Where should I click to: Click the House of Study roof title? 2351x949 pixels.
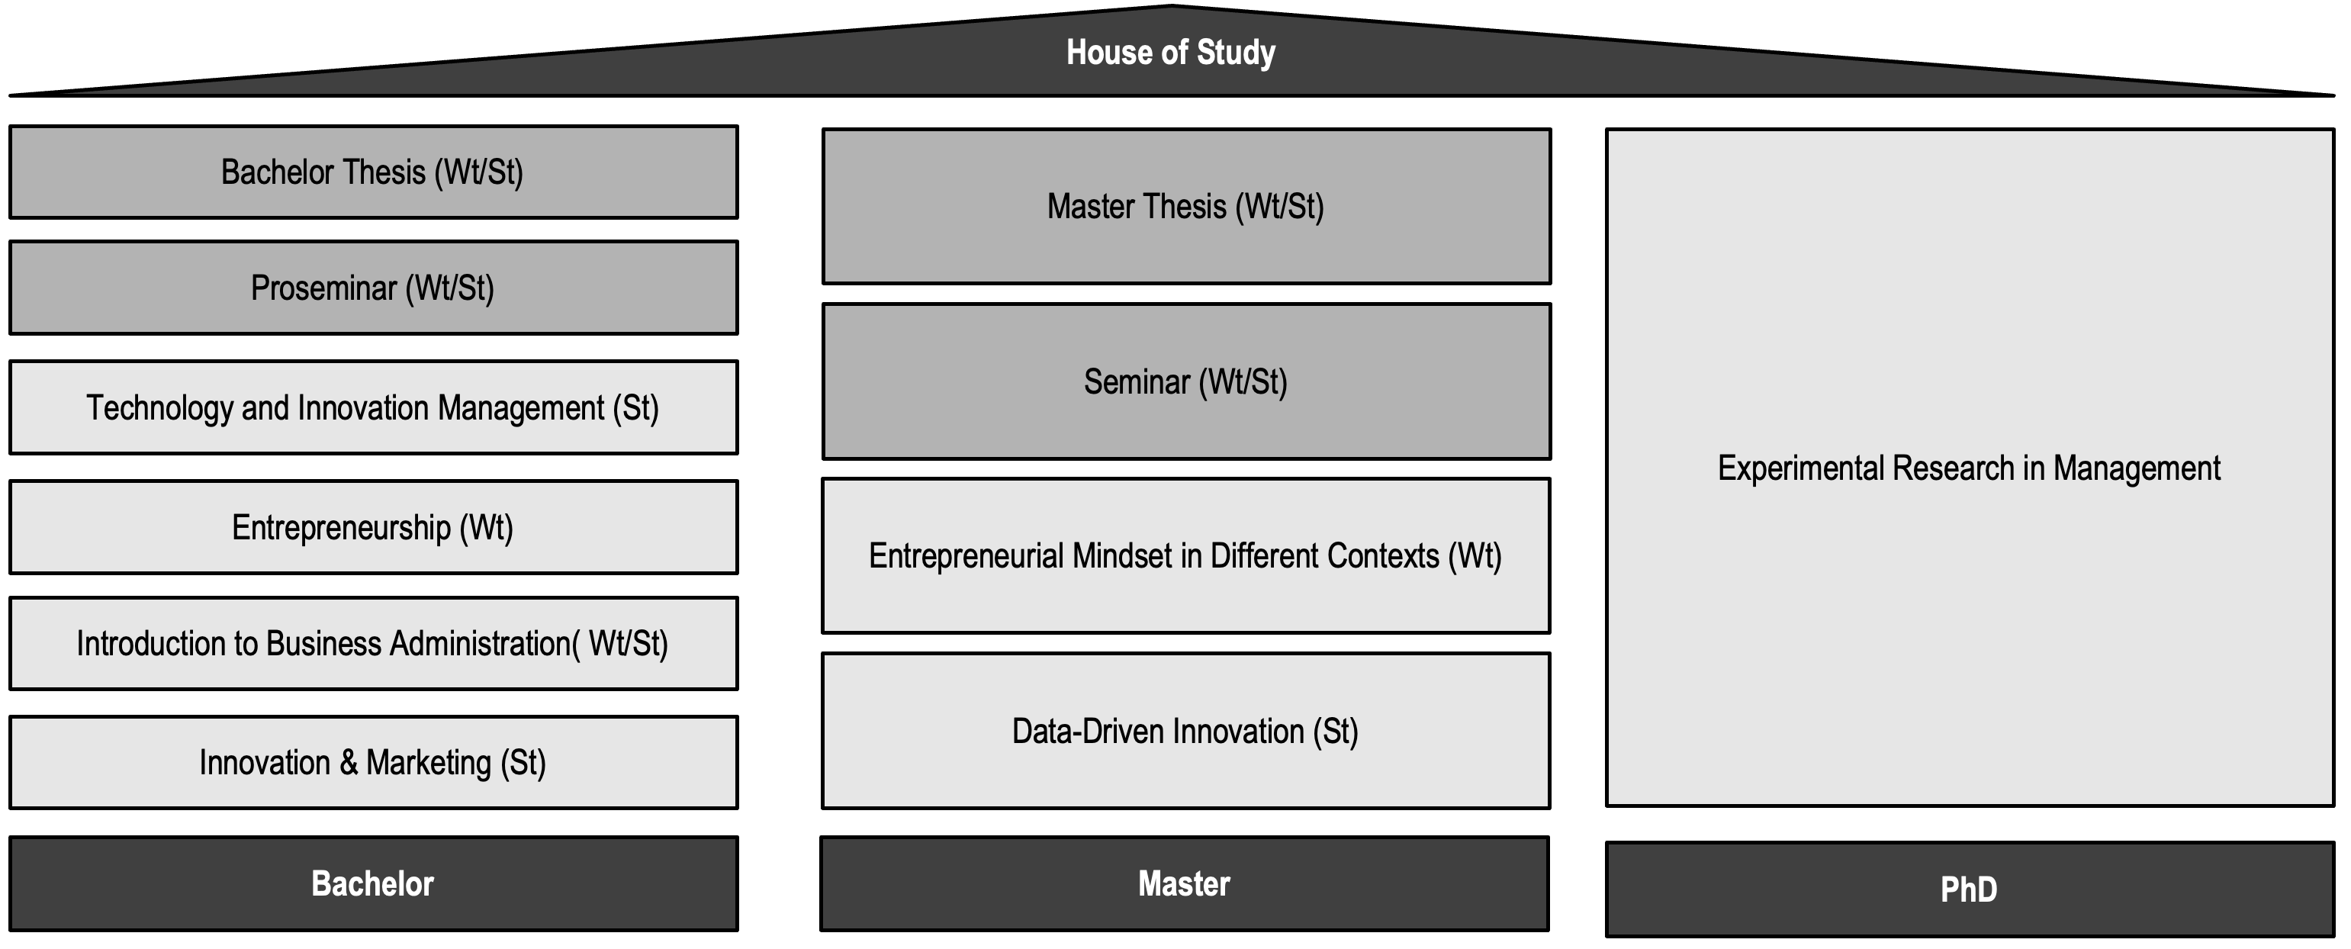[x=1171, y=53]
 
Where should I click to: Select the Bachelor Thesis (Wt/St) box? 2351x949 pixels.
[x=373, y=172]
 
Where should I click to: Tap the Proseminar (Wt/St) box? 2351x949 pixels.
[x=373, y=288]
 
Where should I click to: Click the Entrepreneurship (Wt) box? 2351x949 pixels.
[x=373, y=527]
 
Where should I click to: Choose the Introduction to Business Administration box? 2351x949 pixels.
[x=373, y=643]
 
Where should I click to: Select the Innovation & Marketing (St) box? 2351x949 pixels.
[x=373, y=763]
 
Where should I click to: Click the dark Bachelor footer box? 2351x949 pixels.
[x=373, y=883]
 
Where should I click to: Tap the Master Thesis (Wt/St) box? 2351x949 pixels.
[x=1186, y=206]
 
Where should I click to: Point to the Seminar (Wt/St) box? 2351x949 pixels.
[x=1186, y=381]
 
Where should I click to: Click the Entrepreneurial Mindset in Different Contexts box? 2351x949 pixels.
[x=1186, y=555]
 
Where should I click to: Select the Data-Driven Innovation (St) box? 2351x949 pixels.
[x=1186, y=731]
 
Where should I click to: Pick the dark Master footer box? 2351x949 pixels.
[x=1185, y=883]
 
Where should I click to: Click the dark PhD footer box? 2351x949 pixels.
[x=1970, y=889]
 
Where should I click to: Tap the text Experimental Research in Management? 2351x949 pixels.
[x=1970, y=469]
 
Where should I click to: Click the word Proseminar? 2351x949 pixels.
[x=324, y=288]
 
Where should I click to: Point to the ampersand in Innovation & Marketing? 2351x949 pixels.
[x=349, y=763]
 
